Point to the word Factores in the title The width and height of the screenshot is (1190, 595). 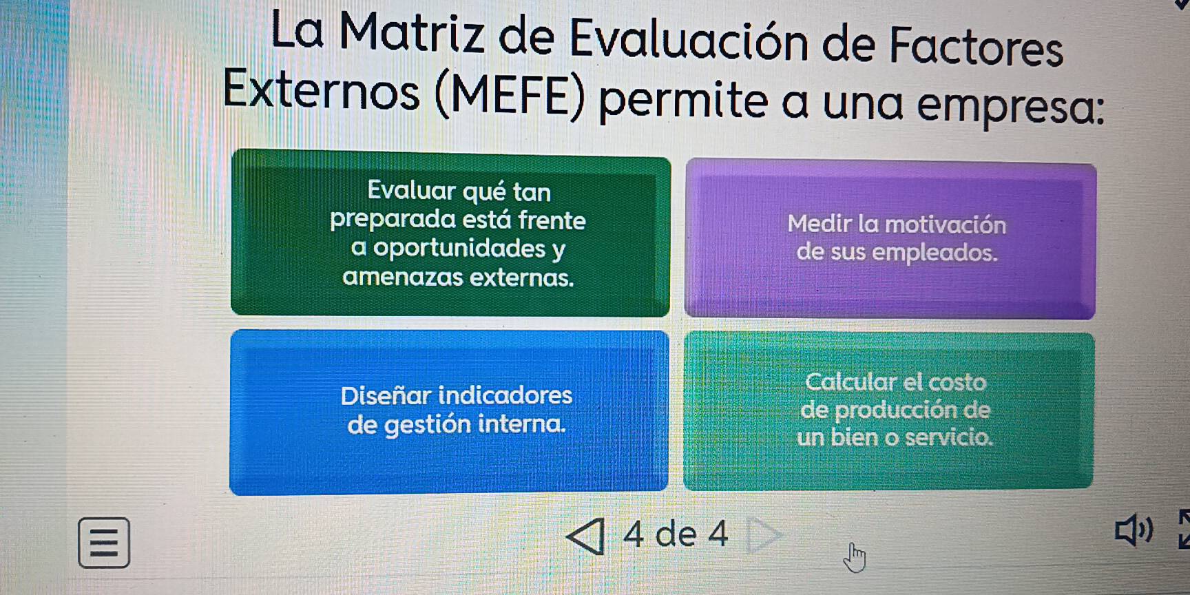tap(977, 45)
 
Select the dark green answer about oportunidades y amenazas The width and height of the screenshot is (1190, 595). tap(450, 233)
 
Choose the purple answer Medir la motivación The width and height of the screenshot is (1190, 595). tap(890, 239)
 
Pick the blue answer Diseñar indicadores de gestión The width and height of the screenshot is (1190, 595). tap(449, 412)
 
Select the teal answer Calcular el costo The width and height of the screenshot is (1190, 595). tap(888, 411)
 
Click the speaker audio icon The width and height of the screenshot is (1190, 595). tap(1133, 530)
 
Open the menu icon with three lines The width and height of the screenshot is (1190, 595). tap(104, 543)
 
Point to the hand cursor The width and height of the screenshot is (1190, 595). tap(855, 557)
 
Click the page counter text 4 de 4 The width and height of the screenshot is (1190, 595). tap(675, 534)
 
